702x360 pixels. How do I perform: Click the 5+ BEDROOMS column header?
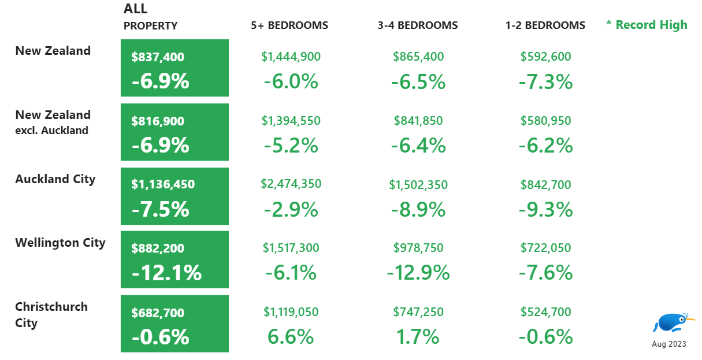289,25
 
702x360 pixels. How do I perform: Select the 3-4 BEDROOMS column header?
418,25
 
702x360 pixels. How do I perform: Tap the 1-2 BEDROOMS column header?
545,25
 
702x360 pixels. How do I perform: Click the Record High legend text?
647,25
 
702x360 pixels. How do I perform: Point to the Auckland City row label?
55,179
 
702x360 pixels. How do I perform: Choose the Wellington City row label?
60,243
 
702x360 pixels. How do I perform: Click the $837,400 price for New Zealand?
158,57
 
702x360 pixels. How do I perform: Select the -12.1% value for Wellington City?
166,273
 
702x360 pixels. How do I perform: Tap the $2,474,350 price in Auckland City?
291,184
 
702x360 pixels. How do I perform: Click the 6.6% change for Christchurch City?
291,336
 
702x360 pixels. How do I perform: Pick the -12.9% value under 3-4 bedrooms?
418,272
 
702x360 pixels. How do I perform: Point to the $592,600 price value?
545,57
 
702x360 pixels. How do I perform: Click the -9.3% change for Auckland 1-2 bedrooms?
545,209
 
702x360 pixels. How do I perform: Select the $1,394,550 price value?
291,121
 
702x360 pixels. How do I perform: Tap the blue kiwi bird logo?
672,322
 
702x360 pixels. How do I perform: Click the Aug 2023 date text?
669,344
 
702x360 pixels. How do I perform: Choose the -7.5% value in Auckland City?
160,209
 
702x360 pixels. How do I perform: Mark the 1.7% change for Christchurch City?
418,336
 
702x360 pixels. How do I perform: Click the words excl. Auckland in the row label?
52,131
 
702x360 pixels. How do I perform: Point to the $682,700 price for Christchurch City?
158,313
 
